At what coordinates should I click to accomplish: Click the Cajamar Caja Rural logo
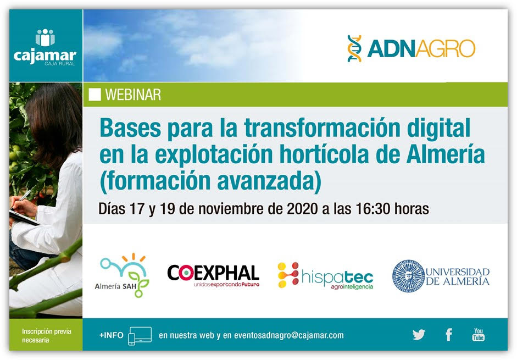(x=45, y=47)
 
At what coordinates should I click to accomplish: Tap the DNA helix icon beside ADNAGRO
(x=354, y=48)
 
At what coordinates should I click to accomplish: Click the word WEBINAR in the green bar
(x=133, y=95)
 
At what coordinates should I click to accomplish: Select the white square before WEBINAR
(x=94, y=95)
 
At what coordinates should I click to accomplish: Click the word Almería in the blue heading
(x=446, y=154)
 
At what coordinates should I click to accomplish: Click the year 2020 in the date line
(x=302, y=209)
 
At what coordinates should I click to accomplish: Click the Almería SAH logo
(x=122, y=275)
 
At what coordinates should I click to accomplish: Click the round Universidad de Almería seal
(x=408, y=276)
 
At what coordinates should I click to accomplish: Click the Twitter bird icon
(x=419, y=335)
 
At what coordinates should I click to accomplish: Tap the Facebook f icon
(x=449, y=335)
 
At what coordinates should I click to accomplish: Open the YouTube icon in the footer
(x=479, y=334)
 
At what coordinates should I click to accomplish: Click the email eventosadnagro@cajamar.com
(x=289, y=335)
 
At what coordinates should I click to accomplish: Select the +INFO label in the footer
(x=112, y=335)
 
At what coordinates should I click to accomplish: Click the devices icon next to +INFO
(x=140, y=336)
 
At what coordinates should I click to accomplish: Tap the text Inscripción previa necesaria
(x=47, y=336)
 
